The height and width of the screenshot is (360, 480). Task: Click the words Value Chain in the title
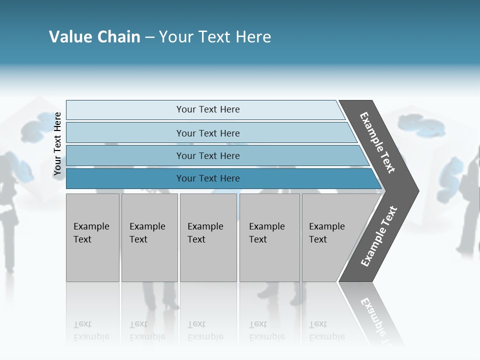pos(94,37)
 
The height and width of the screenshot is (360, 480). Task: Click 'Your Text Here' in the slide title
pos(215,37)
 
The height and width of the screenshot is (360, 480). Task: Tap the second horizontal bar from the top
pos(208,133)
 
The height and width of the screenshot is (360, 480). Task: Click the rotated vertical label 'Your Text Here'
pos(57,144)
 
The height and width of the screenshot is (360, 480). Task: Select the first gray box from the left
pos(92,237)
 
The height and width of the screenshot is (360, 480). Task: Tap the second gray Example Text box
pos(149,237)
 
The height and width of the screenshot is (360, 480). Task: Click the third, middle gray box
pos(208,237)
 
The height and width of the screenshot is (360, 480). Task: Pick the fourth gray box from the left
pos(269,237)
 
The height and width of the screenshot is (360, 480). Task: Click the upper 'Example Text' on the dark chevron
pos(377,142)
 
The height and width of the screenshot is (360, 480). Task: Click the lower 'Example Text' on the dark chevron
pos(378,236)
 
